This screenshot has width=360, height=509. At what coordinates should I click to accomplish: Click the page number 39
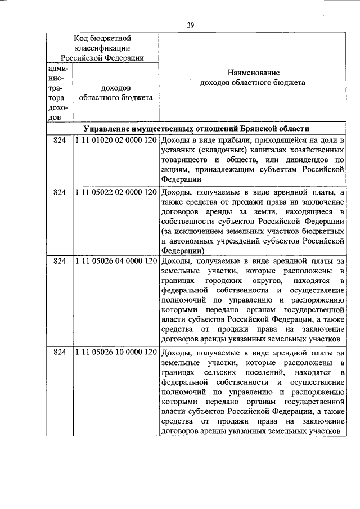click(x=191, y=25)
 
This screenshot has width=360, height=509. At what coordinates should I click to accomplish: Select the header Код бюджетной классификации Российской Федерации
click(x=102, y=48)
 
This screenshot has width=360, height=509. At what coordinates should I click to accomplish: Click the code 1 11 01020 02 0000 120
click(x=115, y=139)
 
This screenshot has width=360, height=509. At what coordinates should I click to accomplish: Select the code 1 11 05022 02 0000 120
click(x=115, y=192)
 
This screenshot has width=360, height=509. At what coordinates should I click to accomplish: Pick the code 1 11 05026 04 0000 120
click(x=115, y=260)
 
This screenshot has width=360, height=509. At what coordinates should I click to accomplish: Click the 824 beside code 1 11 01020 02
click(x=60, y=139)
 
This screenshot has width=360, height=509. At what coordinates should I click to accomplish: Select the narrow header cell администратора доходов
click(x=60, y=93)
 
